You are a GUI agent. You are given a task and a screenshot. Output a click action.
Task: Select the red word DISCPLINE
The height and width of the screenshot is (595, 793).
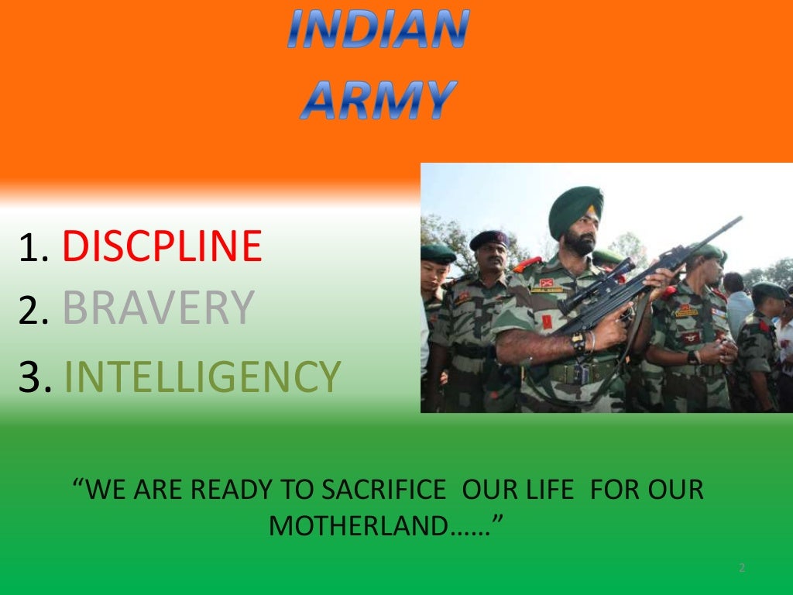tap(162, 246)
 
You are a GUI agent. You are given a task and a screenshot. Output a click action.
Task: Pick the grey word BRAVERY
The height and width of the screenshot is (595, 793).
tap(158, 308)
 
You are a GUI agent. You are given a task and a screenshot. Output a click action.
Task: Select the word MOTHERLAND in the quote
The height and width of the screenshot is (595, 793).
tap(359, 527)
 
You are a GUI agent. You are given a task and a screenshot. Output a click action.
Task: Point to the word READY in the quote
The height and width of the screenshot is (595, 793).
tap(235, 490)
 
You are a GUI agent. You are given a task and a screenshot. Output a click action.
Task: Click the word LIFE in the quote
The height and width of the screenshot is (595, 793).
tap(551, 490)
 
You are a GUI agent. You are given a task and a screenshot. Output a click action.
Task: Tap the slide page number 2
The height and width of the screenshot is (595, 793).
tap(741, 569)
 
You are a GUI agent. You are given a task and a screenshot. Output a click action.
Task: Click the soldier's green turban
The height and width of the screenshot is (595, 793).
tap(575, 209)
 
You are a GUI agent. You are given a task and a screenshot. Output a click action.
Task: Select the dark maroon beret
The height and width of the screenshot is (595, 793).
tap(488, 238)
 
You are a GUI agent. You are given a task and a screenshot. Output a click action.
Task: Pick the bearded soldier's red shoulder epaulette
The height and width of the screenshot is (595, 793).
tap(527, 265)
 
